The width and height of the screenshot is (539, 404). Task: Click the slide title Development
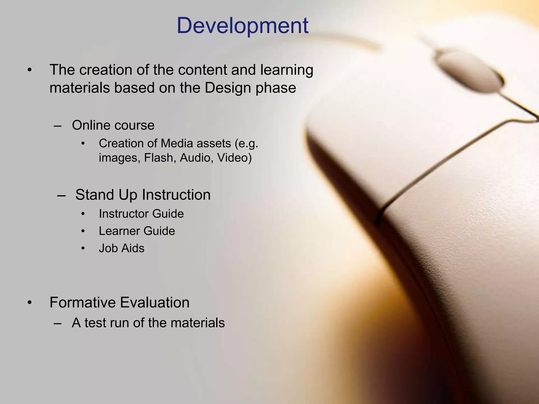point(242,26)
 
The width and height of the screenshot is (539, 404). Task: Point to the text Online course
point(113,125)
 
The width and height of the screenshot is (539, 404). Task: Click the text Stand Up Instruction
point(143,195)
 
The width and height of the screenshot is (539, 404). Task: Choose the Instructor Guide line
point(141,214)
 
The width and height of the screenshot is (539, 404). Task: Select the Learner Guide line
point(137,231)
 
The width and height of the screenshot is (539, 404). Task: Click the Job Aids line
point(122,248)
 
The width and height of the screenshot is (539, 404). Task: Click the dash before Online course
point(57,126)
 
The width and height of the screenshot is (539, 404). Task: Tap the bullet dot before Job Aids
point(83,248)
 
